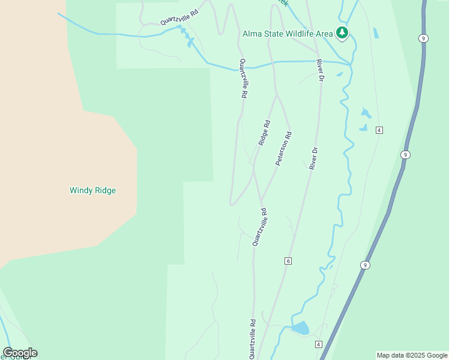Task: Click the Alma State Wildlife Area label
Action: point(287,34)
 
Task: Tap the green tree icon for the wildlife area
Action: point(342,32)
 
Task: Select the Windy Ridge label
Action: point(92,190)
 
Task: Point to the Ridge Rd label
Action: point(264,133)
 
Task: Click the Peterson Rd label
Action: point(283,149)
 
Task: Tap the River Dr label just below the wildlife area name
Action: point(321,71)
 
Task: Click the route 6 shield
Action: point(288,260)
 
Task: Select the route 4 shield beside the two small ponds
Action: point(379,130)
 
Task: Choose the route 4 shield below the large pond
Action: point(318,344)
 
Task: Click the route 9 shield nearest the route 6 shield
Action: point(365,265)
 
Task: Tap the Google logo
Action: point(20,352)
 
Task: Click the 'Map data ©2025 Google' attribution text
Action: point(412,355)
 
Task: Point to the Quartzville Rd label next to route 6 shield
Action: point(260,227)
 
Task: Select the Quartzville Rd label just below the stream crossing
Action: point(243,79)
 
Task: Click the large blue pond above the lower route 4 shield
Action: point(300,328)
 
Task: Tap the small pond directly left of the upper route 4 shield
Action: point(363,127)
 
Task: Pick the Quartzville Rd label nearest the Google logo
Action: point(253,338)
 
